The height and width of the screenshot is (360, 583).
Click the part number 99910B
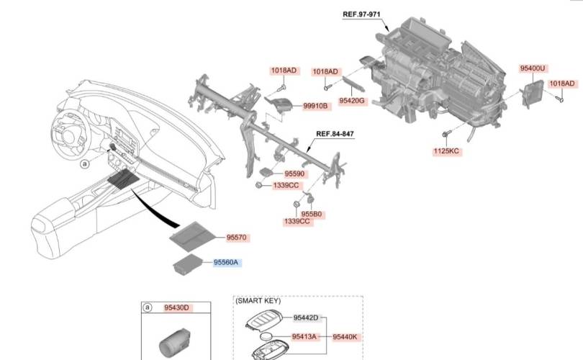pos(315,105)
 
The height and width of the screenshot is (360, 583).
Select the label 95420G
pos(352,101)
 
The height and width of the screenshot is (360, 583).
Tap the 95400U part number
pos(533,68)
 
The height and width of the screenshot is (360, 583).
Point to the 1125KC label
pos(446,151)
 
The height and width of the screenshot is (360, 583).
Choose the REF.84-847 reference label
pos(335,135)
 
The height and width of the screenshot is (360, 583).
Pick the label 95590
pos(295,174)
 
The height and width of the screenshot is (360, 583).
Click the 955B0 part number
pos(312,214)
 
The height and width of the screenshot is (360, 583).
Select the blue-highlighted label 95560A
pos(227,264)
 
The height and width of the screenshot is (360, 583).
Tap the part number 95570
pos(237,236)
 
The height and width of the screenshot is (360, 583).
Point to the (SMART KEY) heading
pos(259,302)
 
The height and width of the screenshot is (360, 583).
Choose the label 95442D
pos(306,318)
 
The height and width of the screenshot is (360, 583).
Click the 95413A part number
pos(305,336)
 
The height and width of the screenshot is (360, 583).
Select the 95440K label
pos(346,336)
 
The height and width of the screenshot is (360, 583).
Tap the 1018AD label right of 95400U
pos(561,84)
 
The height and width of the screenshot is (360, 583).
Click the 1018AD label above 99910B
pos(284,71)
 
